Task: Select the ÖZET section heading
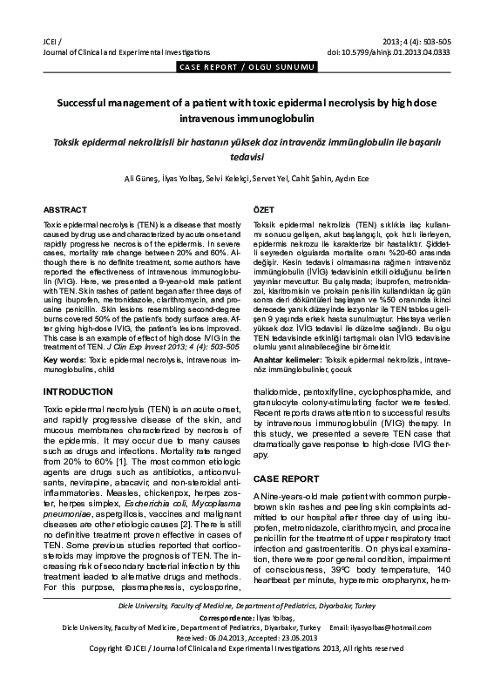[x=263, y=212]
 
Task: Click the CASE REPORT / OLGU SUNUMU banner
[x=247, y=67]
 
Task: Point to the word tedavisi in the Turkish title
[x=247, y=159]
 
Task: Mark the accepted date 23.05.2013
[x=301, y=661]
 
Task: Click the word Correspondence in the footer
[x=224, y=641]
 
